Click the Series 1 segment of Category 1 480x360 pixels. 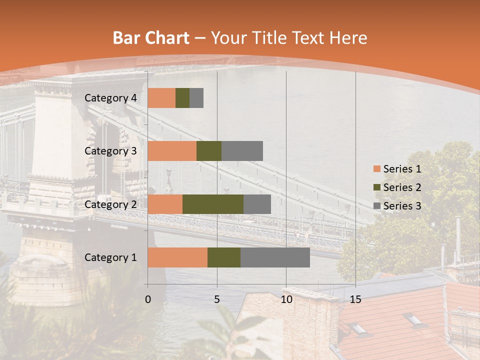click(177, 257)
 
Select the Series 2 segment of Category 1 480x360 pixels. click(224, 257)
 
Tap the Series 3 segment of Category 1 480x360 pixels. click(275, 257)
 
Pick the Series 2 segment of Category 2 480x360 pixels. click(213, 204)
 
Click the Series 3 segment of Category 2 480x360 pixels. click(257, 204)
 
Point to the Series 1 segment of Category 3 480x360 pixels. click(172, 151)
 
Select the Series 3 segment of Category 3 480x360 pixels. click(242, 151)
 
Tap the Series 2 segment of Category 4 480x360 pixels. click(182, 98)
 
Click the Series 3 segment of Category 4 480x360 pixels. click(196, 98)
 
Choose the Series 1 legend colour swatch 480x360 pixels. click(376, 169)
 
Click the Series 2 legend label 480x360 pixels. click(402, 187)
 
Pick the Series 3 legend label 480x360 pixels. click(402, 205)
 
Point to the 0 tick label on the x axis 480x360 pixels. click(148, 299)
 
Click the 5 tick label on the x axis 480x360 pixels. click(217, 299)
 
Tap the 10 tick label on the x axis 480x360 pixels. click(286, 299)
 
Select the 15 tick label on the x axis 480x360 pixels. click(355, 299)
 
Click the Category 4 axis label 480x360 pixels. click(110, 98)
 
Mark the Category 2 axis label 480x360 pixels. click(110, 204)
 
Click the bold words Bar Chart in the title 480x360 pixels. click(151, 38)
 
